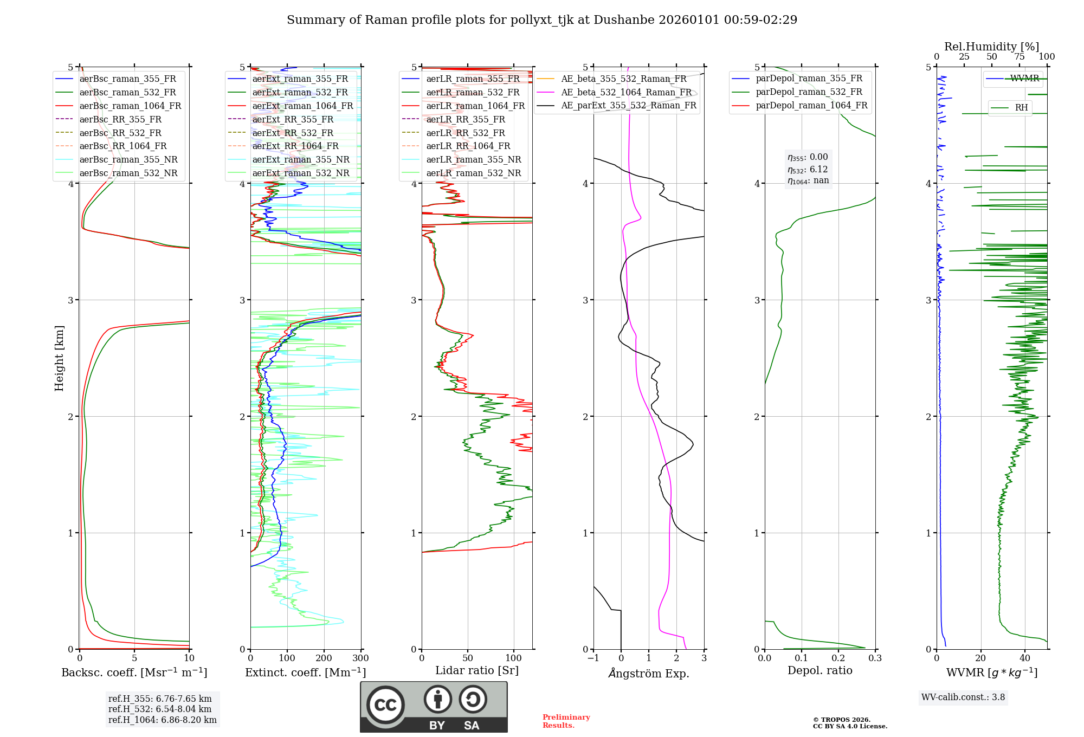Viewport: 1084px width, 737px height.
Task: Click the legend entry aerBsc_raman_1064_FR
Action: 130,106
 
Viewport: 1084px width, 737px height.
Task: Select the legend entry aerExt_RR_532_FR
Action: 293,133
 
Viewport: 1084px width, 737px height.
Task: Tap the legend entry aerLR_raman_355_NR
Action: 473,159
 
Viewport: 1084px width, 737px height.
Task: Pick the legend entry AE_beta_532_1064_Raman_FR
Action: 626,92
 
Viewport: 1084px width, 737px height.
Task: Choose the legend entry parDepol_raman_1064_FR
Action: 811,105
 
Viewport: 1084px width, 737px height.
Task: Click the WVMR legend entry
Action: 1024,79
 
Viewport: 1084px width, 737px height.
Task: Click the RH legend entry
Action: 1021,108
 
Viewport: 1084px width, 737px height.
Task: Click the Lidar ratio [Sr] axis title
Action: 476,670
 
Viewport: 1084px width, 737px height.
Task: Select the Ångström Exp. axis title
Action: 649,673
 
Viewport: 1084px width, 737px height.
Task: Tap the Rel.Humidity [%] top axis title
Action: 991,47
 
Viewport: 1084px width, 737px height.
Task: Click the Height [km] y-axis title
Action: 59,358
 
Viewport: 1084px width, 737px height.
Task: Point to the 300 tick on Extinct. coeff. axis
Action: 360,658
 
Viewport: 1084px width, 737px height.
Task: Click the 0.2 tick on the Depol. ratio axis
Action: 838,658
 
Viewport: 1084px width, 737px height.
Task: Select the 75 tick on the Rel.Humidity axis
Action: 1019,57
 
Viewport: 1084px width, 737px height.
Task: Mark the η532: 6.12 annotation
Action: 808,169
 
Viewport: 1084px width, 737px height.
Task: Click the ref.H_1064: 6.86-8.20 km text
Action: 162,720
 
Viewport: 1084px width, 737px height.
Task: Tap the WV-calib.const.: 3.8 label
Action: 963,697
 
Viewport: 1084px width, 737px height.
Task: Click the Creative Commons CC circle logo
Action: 385,705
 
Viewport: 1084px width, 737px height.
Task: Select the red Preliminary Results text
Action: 566,721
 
